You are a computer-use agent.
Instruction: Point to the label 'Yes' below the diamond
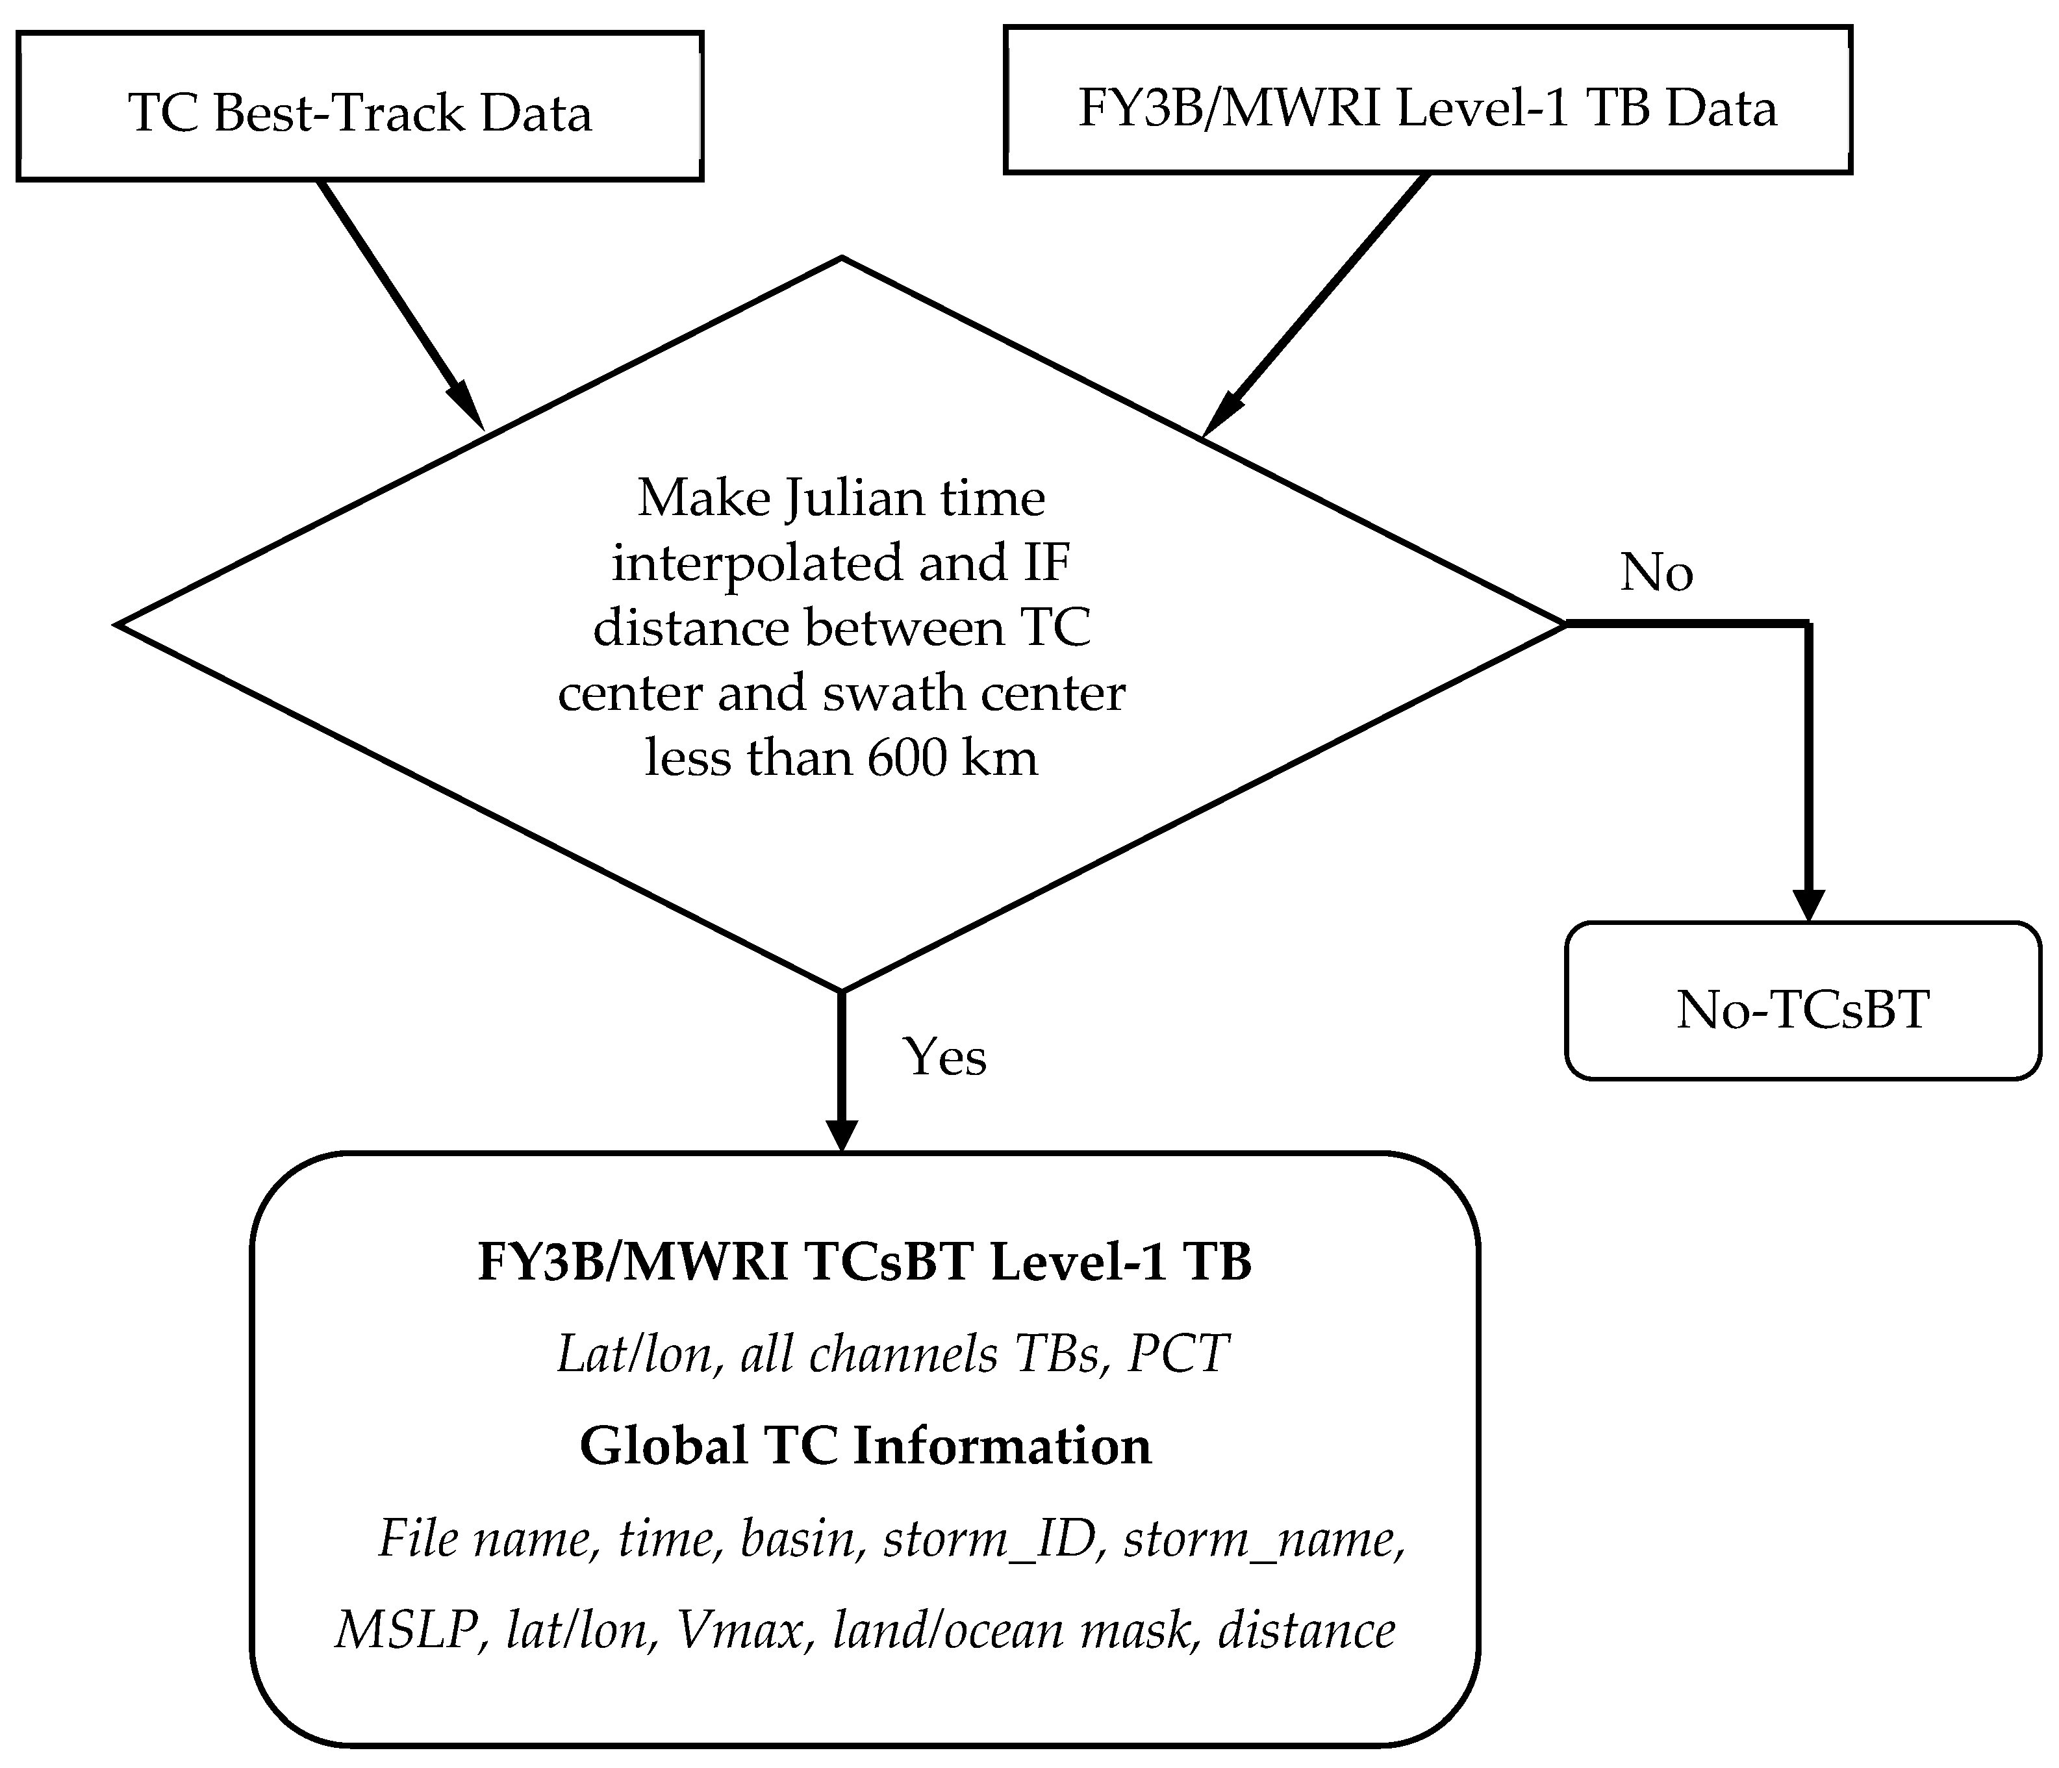943,1056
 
